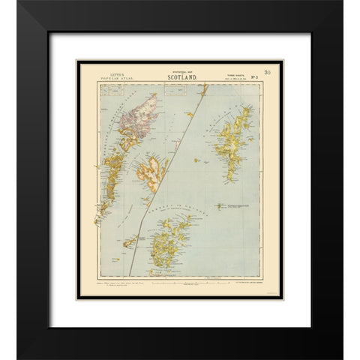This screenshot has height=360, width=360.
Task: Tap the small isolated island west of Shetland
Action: coord(196,160)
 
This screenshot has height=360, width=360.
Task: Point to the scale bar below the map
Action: coord(180,279)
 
